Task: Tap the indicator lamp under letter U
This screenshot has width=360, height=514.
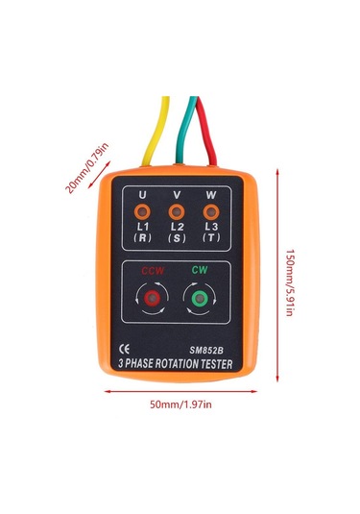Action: coord(141,210)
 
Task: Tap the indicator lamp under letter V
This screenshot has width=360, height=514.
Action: coord(176,210)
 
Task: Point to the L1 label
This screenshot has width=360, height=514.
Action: coord(141,226)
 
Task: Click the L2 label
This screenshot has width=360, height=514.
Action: coord(177,226)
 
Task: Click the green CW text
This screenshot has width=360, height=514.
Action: coord(200,271)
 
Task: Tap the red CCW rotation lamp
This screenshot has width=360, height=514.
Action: coord(152,301)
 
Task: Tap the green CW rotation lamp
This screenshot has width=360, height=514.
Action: coord(200,301)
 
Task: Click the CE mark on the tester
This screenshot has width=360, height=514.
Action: coord(123,349)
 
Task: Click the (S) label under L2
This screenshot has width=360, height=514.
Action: coord(177,239)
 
